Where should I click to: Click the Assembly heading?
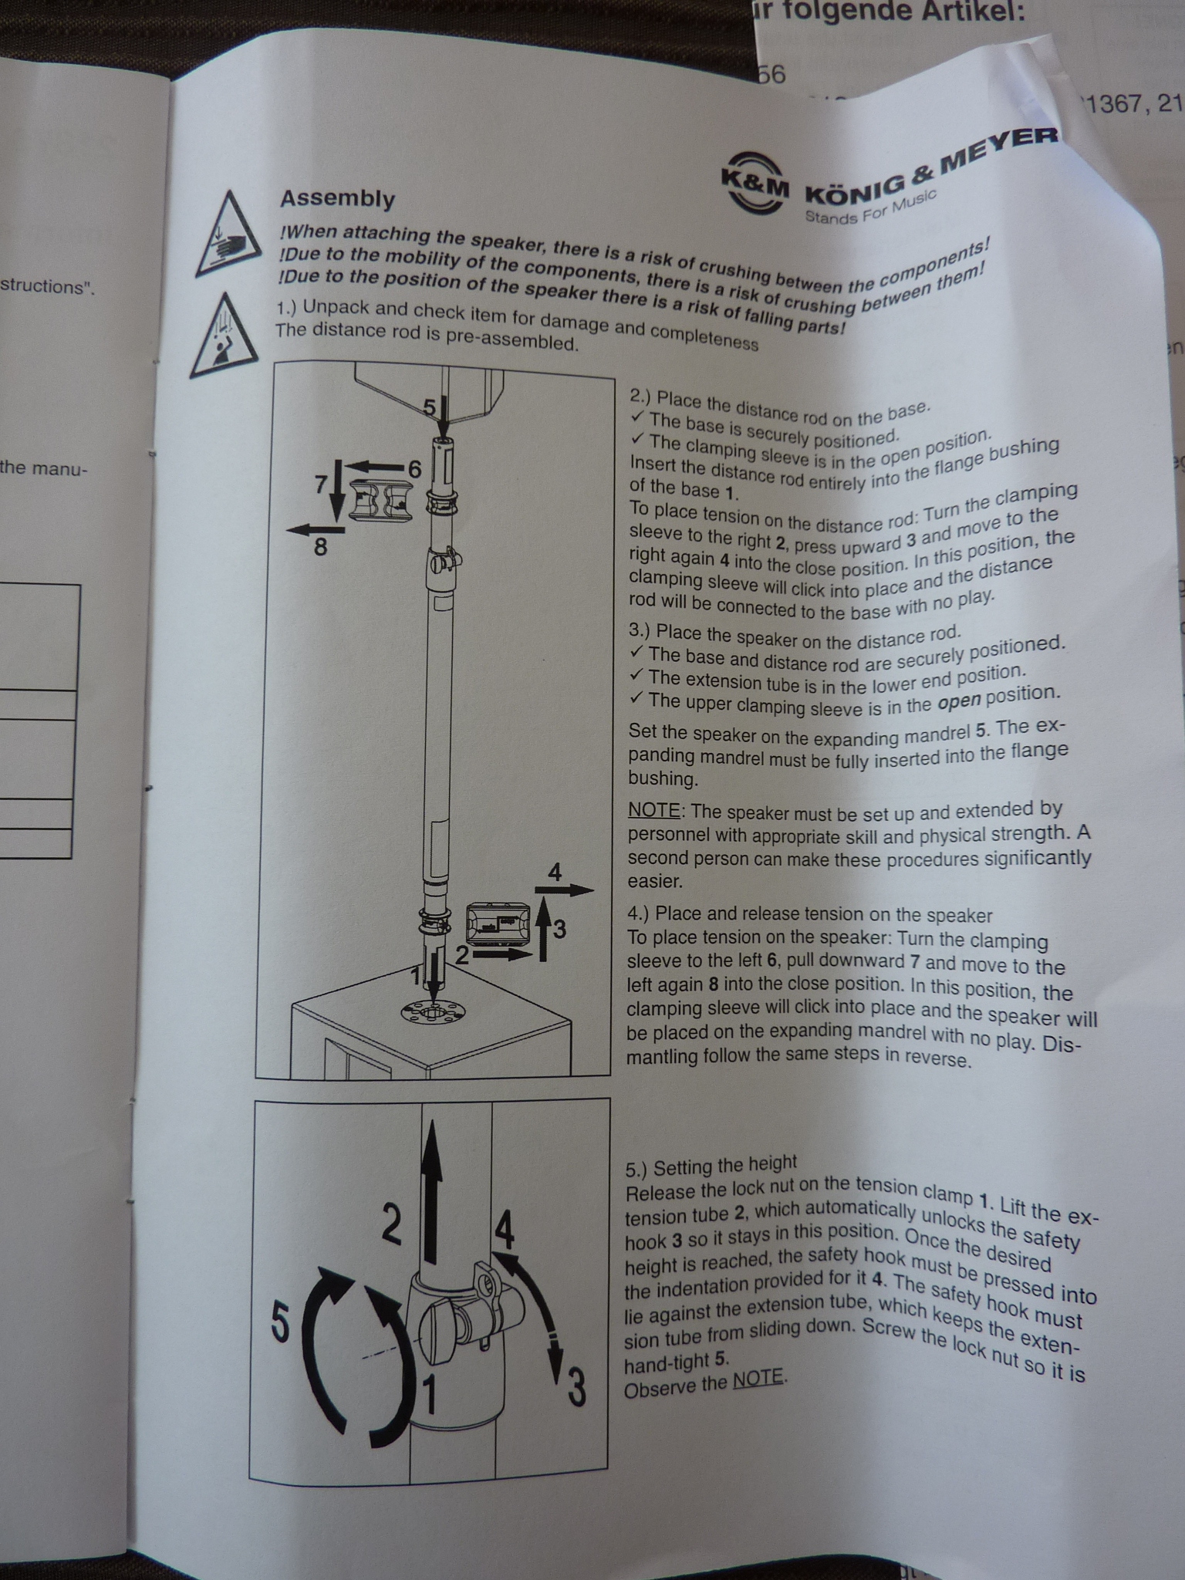337,198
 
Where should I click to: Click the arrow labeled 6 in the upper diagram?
374,467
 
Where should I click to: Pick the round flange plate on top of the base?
434,1011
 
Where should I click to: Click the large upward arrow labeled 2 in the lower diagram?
432,1187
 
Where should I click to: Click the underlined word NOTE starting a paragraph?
654,810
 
